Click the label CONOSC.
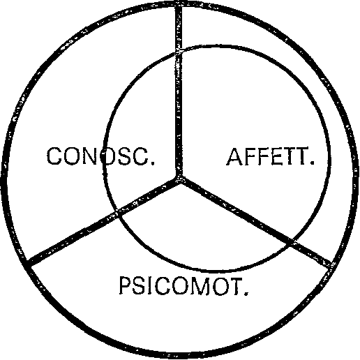pyautogui.click(x=100, y=156)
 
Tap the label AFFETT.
pyautogui.click(x=271, y=156)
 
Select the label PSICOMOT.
pyautogui.click(x=183, y=286)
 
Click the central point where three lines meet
pyautogui.click(x=179, y=179)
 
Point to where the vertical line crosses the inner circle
pyautogui.click(x=179, y=51)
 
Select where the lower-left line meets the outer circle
pyautogui.click(x=27, y=263)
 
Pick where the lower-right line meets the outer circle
pyautogui.click(x=331, y=265)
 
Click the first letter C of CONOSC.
pyautogui.click(x=54, y=156)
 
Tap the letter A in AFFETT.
pyautogui.click(x=235, y=156)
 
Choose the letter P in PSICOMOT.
pyautogui.click(x=126, y=286)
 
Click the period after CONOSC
pyautogui.click(x=153, y=163)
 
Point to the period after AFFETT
pyautogui.click(x=313, y=163)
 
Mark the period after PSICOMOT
pyautogui.click(x=246, y=292)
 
